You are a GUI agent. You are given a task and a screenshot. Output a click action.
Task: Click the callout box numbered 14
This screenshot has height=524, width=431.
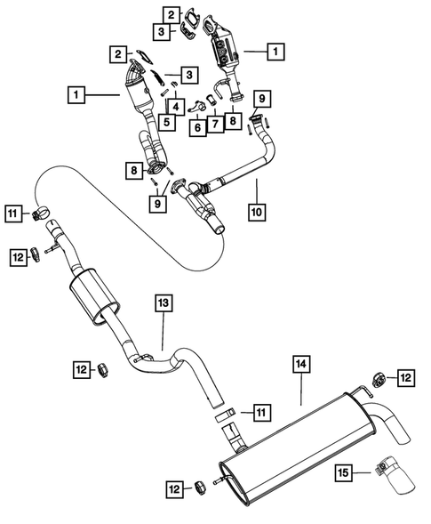301,363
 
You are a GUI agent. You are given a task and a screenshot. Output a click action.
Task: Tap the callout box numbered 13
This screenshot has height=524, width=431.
164,302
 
